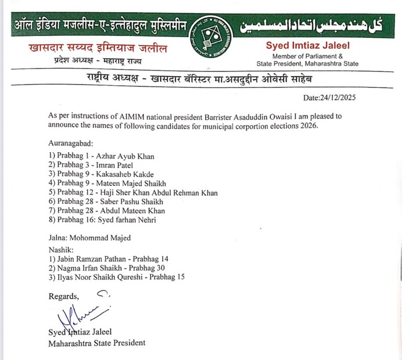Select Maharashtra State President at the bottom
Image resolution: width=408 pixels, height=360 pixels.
pyautogui.click(x=96, y=343)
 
